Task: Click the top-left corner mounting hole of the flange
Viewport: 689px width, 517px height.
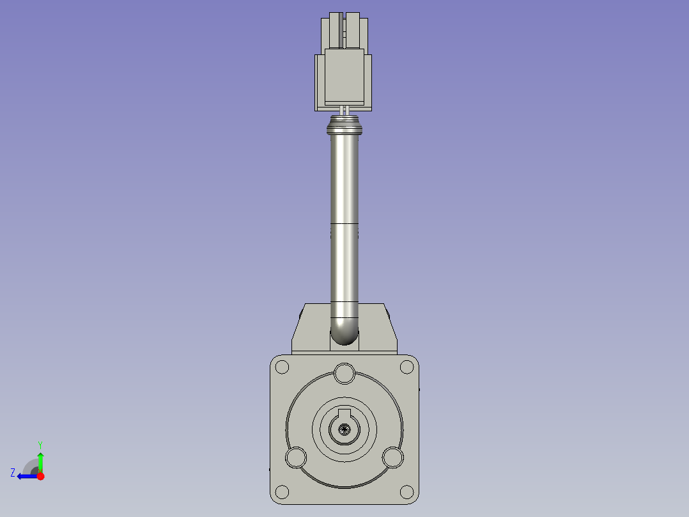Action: (x=281, y=367)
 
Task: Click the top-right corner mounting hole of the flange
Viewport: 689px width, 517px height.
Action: (x=406, y=367)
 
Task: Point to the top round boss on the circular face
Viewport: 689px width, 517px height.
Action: (x=344, y=372)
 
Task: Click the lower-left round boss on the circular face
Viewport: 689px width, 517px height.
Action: (x=296, y=457)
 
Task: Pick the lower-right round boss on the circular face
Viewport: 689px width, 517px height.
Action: (x=392, y=457)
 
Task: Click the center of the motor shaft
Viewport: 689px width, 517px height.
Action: (x=344, y=430)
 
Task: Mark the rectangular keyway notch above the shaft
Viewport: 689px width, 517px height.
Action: (x=344, y=414)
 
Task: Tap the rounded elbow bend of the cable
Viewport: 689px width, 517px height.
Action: (x=344, y=331)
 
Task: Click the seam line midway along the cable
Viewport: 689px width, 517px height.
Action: (x=344, y=223)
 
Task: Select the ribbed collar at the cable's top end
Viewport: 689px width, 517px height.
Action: (x=344, y=126)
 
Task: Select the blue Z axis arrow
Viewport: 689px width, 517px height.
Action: (x=26, y=476)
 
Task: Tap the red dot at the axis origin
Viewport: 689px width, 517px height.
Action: (x=40, y=476)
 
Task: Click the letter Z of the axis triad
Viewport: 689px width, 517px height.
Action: (x=13, y=473)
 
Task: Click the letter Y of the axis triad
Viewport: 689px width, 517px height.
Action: (x=40, y=444)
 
